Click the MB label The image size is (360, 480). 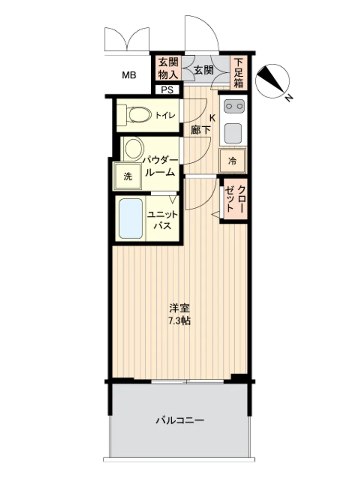[129, 75]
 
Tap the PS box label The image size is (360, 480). [167, 90]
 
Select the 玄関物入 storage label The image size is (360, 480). [168, 69]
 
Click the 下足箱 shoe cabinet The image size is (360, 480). [239, 72]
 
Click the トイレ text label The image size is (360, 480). [165, 115]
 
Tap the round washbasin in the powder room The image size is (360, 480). [134, 148]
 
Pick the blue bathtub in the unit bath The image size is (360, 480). [131, 218]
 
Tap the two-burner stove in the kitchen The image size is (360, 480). [234, 107]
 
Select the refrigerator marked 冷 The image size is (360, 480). [232, 161]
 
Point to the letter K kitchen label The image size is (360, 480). [212, 118]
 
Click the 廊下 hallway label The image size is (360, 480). [201, 130]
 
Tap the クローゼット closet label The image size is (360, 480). [235, 199]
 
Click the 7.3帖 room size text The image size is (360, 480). [180, 321]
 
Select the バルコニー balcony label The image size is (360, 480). [180, 420]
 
